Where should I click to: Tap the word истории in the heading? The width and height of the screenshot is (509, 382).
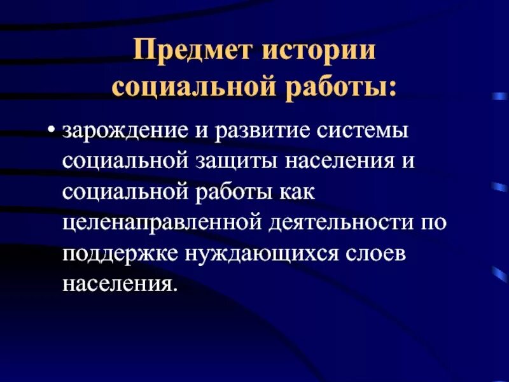point(327,52)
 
